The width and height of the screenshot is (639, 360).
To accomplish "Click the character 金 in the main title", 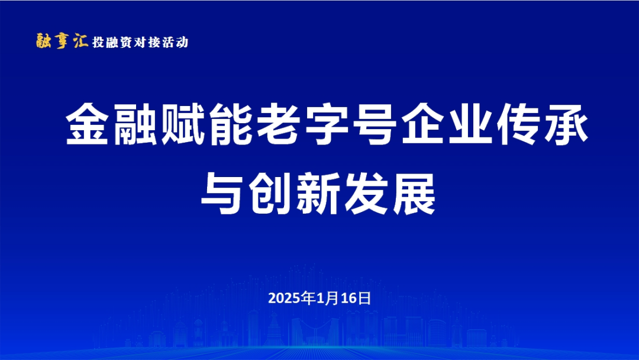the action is pos(87,124).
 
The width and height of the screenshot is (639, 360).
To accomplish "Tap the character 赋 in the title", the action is pos(183,124).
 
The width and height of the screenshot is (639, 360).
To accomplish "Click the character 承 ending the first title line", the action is pos(566,124).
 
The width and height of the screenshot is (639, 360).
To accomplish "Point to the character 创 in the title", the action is pos(271,193).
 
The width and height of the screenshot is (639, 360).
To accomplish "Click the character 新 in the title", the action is pos(319,193).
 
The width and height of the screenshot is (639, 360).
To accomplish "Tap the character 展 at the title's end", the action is pos(414,193).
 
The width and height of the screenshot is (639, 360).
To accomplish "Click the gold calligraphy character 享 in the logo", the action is pos(62,41).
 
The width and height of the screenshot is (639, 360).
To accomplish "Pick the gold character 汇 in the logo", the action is pos(80,41).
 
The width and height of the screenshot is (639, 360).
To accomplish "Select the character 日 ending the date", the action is pos(364,299).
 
